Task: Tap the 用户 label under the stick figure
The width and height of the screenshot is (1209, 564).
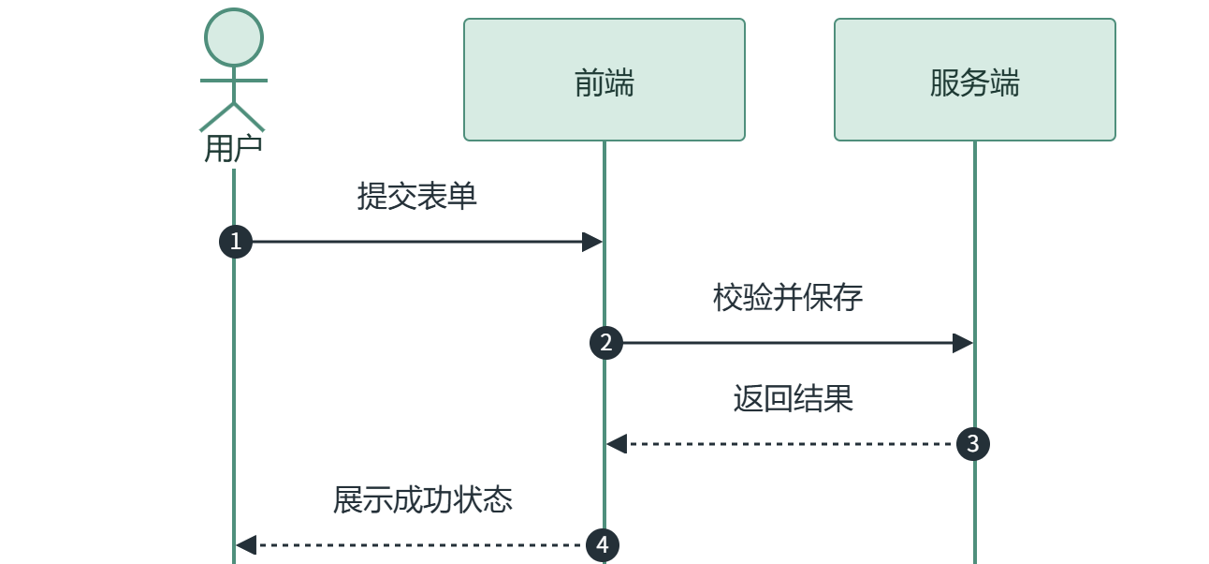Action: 234,149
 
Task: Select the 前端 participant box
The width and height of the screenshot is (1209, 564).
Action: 604,80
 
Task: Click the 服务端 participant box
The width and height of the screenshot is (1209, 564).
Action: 975,80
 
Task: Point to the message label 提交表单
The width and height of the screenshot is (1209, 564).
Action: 416,196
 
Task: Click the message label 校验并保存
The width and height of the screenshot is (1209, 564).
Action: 788,297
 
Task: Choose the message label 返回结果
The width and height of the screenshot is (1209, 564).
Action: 793,399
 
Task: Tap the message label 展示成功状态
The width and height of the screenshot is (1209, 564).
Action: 423,499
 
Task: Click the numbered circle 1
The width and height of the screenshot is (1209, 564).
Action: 236,242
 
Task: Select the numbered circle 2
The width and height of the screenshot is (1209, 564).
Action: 606,343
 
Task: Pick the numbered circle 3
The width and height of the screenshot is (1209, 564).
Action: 972,444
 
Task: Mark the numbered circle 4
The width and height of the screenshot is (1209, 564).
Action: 603,545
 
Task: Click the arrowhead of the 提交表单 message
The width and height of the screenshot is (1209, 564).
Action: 592,242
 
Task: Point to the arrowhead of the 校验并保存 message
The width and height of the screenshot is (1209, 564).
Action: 963,343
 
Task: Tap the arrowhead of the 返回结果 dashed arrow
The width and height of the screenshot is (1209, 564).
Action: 617,444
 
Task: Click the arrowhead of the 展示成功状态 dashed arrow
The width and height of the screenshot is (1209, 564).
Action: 246,545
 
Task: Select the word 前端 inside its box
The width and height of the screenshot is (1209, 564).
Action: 604,83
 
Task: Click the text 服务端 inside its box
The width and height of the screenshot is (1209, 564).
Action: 975,83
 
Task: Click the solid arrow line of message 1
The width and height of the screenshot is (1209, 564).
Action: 417,242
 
